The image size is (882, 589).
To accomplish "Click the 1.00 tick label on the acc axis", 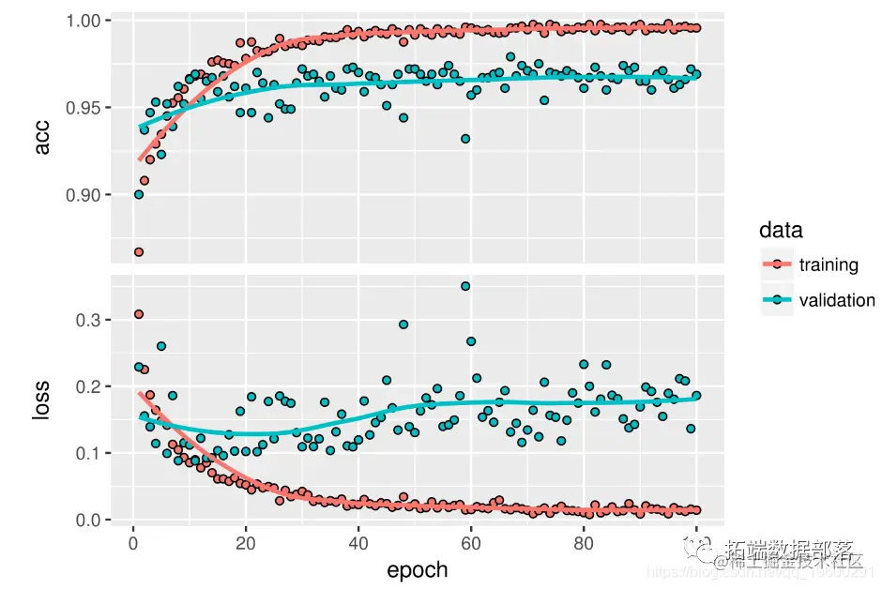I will pos(86,20).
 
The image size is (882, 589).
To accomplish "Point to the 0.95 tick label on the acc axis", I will pos(86,108).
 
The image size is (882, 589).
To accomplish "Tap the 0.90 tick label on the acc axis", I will pos(86,195).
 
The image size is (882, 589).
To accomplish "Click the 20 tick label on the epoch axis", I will pos(245,543).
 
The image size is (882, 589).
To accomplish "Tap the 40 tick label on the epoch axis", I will pos(357,543).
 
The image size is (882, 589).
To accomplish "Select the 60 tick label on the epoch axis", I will pos(470,543).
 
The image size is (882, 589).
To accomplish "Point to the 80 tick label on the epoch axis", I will pos(583,543).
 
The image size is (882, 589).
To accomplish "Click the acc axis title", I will pos(42,139).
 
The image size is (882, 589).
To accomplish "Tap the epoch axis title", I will pos(418,569).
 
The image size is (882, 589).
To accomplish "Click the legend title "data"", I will pos(781,230).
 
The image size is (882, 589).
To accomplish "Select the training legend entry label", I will pos(829,264).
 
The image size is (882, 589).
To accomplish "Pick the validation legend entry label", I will pos(837,300).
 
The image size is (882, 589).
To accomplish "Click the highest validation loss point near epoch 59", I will pos(465,286).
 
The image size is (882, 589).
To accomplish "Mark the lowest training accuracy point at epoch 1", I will pos(138,251).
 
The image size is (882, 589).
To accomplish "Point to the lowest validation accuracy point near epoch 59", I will pos(465,139).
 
